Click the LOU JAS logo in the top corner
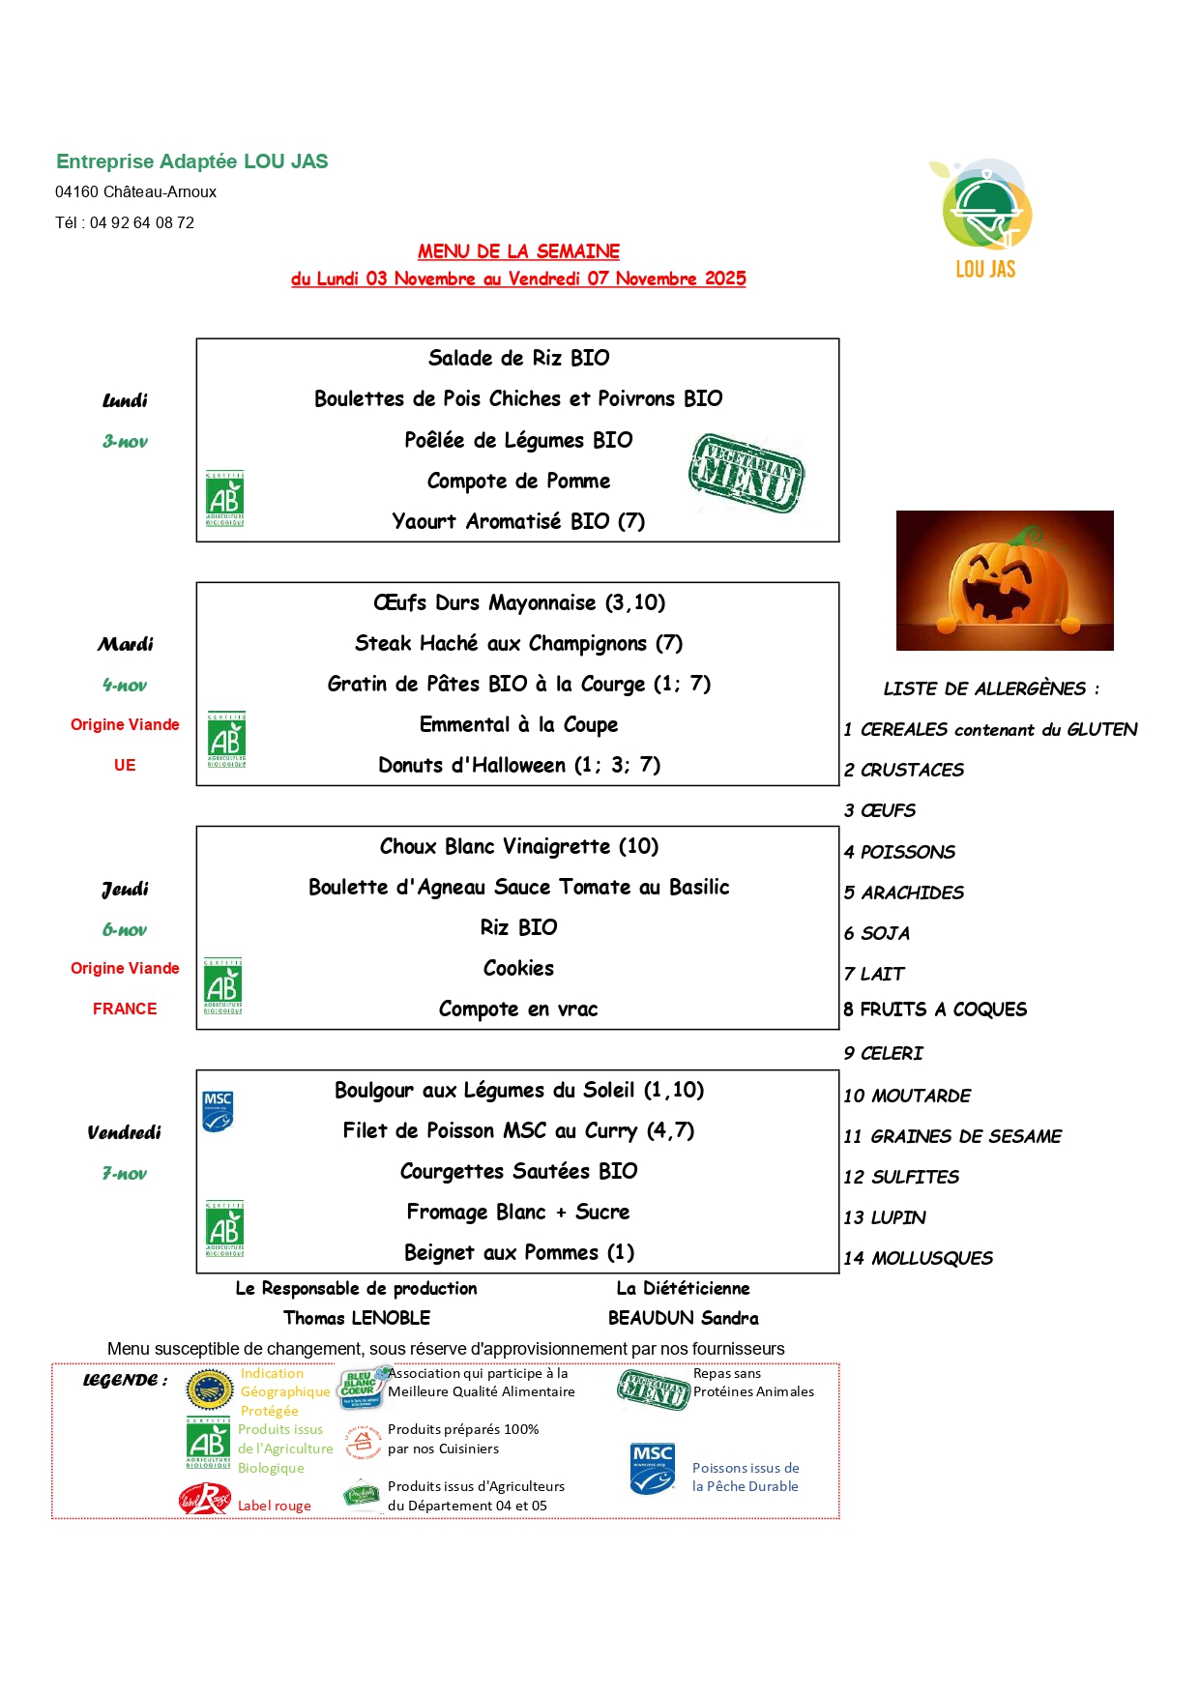tap(983, 219)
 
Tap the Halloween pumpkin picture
tap(1004, 580)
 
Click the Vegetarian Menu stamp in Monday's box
tap(746, 472)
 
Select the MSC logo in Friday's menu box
tap(218, 1111)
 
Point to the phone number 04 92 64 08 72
tap(142, 223)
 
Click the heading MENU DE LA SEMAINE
tap(518, 251)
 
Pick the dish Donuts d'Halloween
tap(519, 766)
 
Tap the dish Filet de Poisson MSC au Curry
tap(518, 1131)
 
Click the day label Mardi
tap(125, 644)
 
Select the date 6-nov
tap(125, 930)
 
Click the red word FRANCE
tap(125, 1009)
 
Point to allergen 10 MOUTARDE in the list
tap(907, 1096)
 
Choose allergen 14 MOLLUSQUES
tap(918, 1258)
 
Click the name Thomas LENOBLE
tap(357, 1318)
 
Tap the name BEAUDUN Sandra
tap(683, 1318)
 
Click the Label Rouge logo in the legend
tap(204, 1500)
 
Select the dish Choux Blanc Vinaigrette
tap(518, 847)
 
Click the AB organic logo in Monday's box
tap(224, 498)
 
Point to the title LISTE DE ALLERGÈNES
tap(990, 689)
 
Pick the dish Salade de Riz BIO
tap(518, 359)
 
